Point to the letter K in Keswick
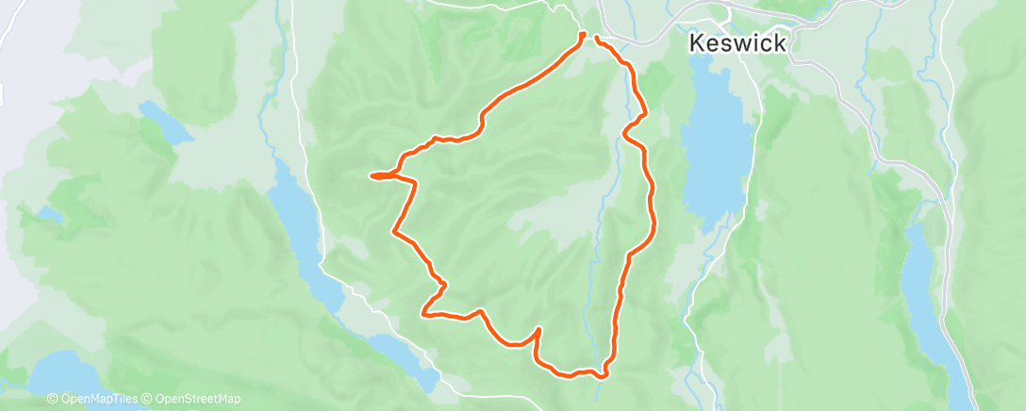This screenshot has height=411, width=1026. (x=697, y=42)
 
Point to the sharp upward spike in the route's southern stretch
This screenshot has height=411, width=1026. (x=538, y=329)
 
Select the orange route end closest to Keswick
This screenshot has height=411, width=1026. (x=596, y=38)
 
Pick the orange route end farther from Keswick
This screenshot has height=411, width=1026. (x=582, y=35)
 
